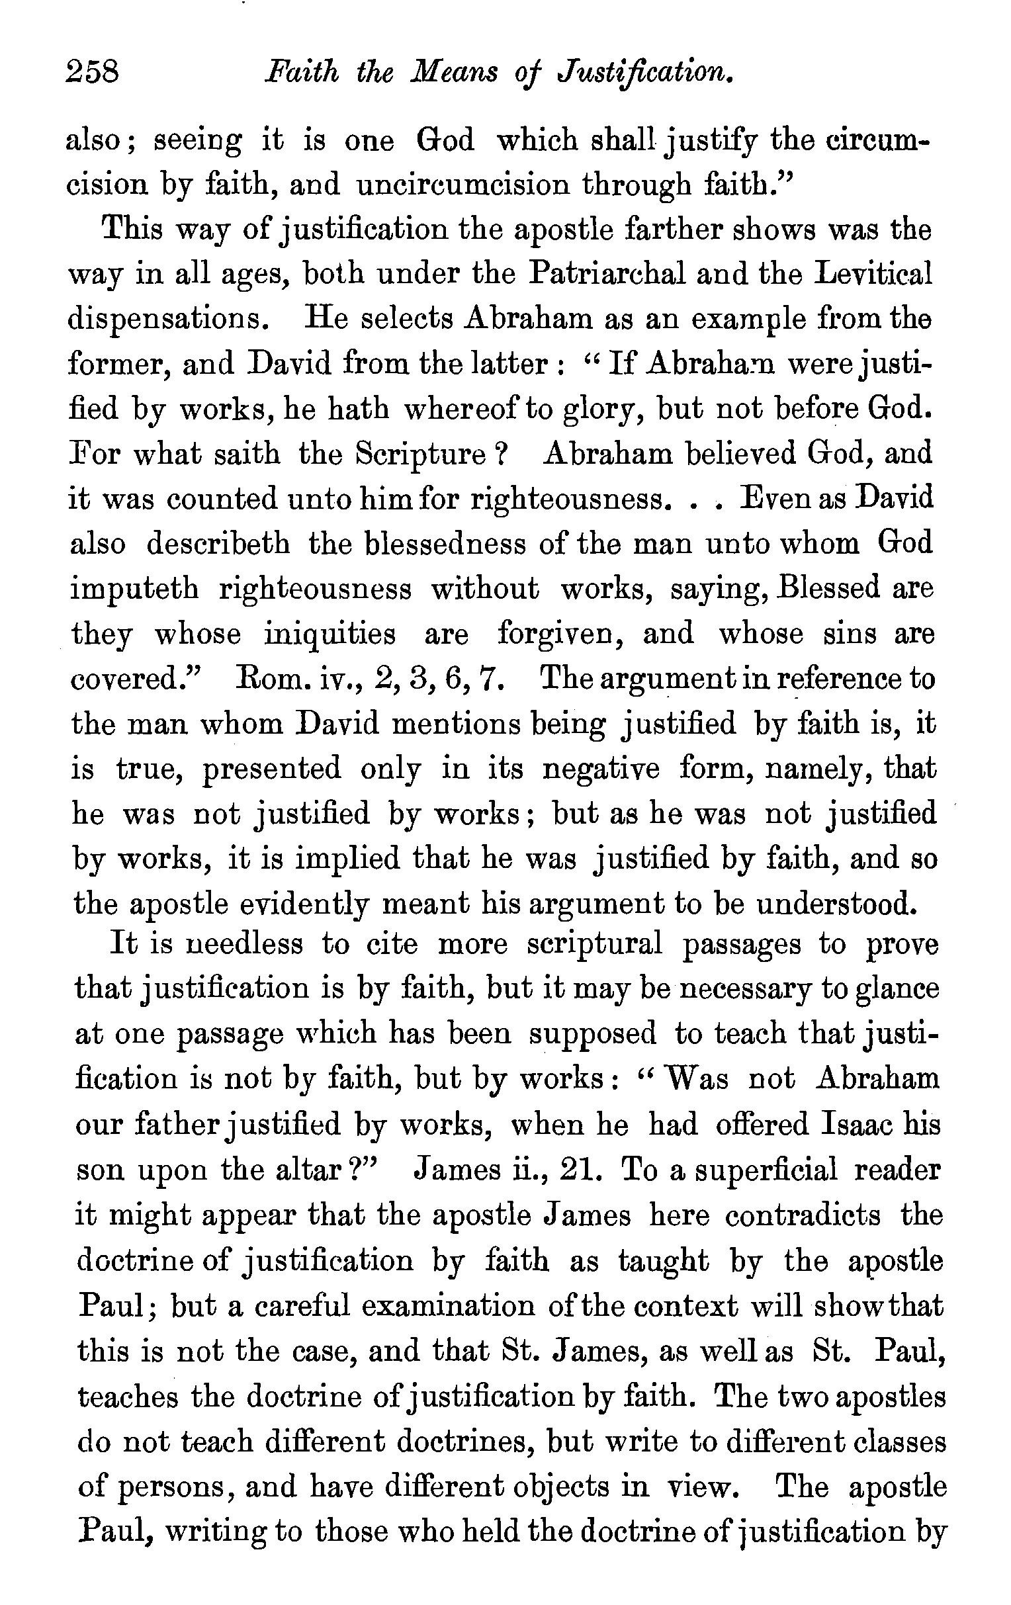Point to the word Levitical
(869, 274)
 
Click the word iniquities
(331, 633)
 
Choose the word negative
(601, 769)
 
